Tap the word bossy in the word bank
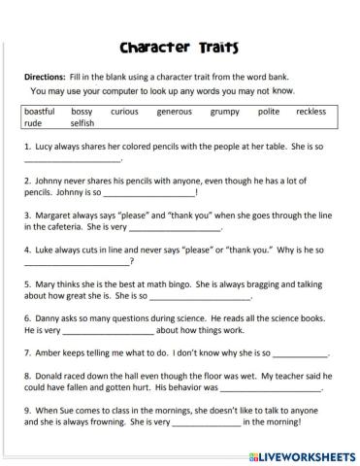coord(82,113)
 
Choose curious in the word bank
coord(124,113)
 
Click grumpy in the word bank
coord(224,113)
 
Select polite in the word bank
coord(269,113)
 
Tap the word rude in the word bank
coord(33,124)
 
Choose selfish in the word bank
coord(82,124)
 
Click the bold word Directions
coord(45,77)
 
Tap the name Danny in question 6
coord(47,317)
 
